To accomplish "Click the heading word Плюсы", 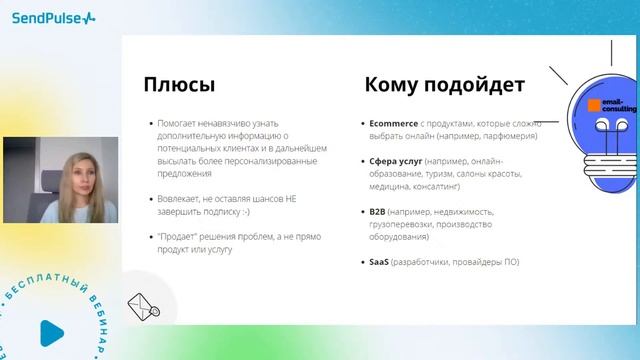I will click(180, 84).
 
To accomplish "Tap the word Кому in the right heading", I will click(394, 84).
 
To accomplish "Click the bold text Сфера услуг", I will click(389, 161).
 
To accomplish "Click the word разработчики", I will click(429, 262).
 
